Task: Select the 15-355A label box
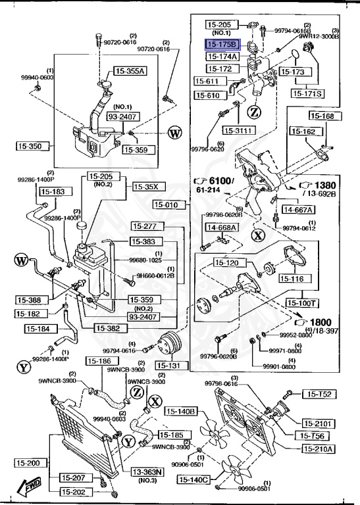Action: coord(130,71)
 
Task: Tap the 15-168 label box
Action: coord(322,116)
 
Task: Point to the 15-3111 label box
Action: coord(238,130)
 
